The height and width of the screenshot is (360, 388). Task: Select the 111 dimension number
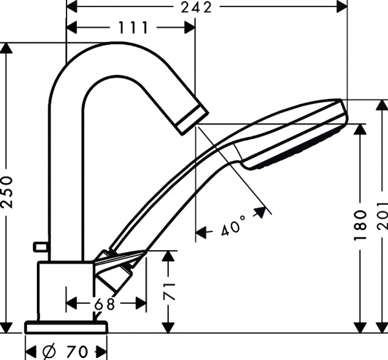(x=133, y=28)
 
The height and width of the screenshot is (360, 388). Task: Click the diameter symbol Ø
(x=49, y=352)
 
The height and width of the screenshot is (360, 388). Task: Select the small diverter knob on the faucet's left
(x=41, y=246)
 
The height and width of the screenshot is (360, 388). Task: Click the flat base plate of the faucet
(x=65, y=326)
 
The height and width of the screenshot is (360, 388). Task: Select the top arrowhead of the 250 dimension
(x=7, y=48)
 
